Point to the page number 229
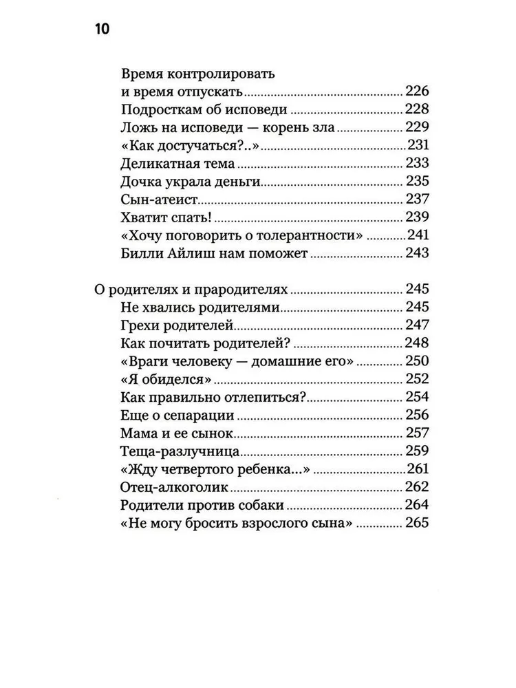click(417, 127)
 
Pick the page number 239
click(417, 217)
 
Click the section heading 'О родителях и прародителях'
click(190, 289)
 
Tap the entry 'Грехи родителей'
click(170, 325)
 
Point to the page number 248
click(417, 343)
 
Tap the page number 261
click(417, 469)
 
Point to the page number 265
click(417, 524)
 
